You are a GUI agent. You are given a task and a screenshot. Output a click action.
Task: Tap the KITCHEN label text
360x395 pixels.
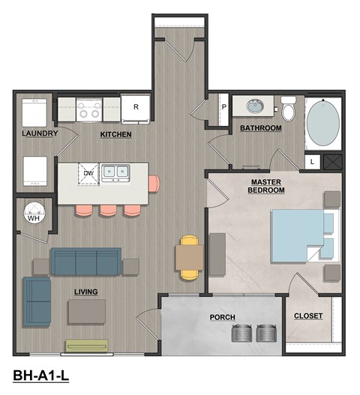point(116,135)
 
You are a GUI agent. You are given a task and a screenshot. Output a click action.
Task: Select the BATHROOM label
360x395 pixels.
point(260,128)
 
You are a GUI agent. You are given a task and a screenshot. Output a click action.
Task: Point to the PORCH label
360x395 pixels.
point(222,318)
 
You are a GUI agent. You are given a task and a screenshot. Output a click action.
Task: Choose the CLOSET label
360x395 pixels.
point(307,316)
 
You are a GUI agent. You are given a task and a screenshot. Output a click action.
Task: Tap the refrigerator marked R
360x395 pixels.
point(136,108)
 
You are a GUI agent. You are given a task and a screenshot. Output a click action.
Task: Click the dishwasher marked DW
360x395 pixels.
point(88,174)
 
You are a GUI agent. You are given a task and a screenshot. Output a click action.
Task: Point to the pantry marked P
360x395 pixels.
point(223,107)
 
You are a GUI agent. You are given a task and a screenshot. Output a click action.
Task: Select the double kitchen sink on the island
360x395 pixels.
point(115,172)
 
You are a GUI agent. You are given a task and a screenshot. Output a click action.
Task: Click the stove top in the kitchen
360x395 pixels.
point(88,109)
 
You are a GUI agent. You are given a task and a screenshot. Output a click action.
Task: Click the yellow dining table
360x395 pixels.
point(189,258)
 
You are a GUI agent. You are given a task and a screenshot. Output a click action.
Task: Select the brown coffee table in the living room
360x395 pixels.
point(86,311)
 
